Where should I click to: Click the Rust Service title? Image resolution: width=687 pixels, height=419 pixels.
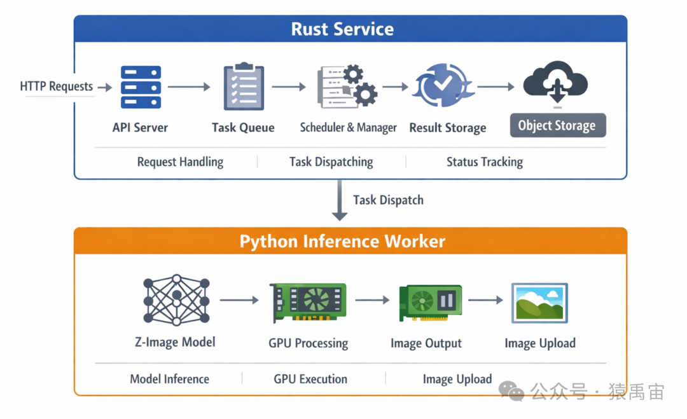point(342,29)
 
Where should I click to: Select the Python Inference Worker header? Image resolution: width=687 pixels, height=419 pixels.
point(342,242)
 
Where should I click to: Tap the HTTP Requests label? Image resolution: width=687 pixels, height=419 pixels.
point(57,86)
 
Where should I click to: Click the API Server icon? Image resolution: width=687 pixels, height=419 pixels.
point(141,87)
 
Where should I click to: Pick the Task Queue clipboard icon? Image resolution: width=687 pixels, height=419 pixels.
point(244,86)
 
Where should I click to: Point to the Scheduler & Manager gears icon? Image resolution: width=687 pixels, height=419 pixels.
point(347,86)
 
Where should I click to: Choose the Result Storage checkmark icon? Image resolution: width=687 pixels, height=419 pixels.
point(444,86)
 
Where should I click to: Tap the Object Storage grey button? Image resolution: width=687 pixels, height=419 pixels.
point(557,125)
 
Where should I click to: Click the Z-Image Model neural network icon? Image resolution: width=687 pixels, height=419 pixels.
point(176,300)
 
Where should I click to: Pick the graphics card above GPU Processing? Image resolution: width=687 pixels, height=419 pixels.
point(309,301)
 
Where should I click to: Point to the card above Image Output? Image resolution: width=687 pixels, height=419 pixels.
point(430,301)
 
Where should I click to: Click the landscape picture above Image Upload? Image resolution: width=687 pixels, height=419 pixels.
point(539,303)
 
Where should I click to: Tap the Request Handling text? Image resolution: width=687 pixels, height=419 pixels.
point(180,162)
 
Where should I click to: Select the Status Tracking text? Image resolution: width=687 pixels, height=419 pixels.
point(484,162)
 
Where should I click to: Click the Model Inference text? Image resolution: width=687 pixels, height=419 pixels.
point(169,379)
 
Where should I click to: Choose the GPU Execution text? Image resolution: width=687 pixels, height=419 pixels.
point(310,379)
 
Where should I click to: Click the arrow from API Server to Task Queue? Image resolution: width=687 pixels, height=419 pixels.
point(189,87)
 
